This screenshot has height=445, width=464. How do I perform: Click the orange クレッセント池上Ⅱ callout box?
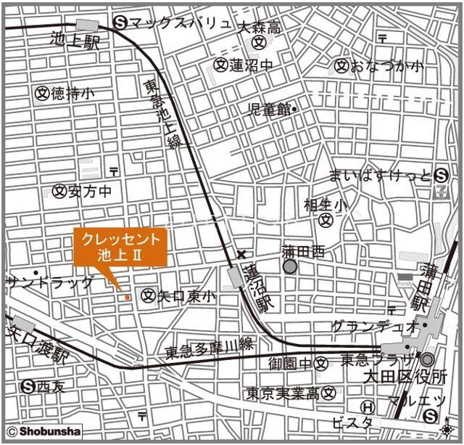click(x=121, y=248)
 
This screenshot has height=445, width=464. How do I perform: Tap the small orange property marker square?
click(x=128, y=296)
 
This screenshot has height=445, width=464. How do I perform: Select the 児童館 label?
click(x=269, y=109)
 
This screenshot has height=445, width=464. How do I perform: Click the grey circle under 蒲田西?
click(x=290, y=266)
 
